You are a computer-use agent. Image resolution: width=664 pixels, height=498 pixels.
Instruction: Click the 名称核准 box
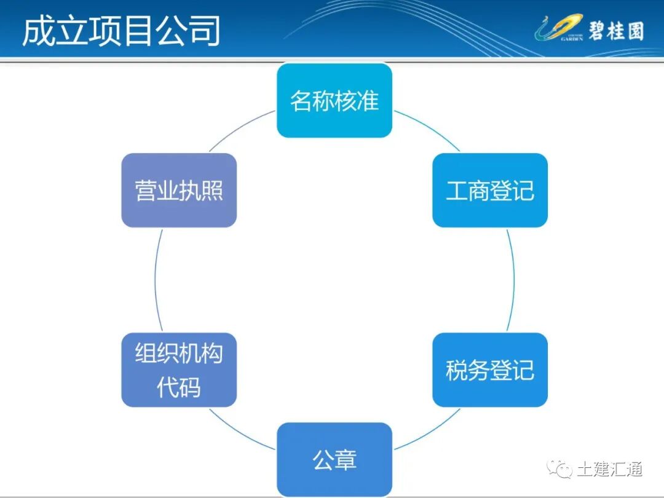[334, 101]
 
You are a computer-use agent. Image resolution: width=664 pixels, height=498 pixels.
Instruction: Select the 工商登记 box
[489, 191]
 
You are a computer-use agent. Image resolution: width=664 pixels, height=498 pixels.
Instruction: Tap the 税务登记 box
[489, 370]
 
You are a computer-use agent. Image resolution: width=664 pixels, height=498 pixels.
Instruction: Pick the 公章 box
[334, 459]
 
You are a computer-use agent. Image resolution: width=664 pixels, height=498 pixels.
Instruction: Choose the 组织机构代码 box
[179, 370]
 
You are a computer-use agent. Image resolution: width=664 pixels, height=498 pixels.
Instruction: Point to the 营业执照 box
[179, 191]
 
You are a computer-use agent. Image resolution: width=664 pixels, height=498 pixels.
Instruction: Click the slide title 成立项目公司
[121, 31]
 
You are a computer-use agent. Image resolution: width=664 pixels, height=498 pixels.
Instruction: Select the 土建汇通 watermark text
[609, 469]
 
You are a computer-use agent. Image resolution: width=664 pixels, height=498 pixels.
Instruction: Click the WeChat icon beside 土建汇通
[561, 470]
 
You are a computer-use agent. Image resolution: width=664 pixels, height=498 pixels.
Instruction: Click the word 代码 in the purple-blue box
[179, 387]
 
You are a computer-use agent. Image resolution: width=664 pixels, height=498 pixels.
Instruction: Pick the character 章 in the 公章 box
[346, 459]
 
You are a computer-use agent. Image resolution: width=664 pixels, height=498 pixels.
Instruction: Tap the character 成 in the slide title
[35, 31]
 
